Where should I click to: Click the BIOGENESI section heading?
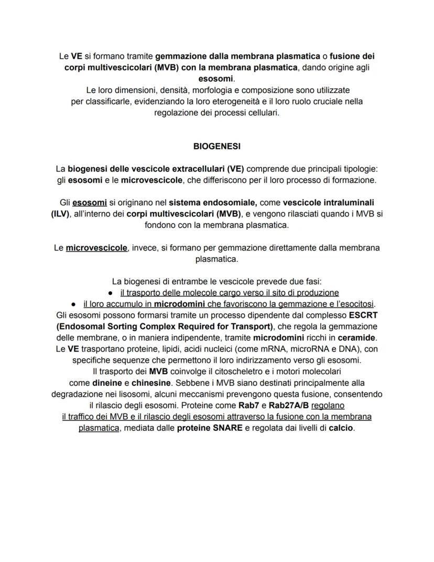click(x=216, y=146)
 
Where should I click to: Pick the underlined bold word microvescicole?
click(x=96, y=248)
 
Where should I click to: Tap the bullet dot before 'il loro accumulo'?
click(x=74, y=304)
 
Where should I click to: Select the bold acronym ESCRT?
click(x=363, y=315)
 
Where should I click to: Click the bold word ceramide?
click(x=356, y=338)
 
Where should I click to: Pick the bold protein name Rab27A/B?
click(x=289, y=406)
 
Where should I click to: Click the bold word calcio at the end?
click(x=341, y=428)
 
